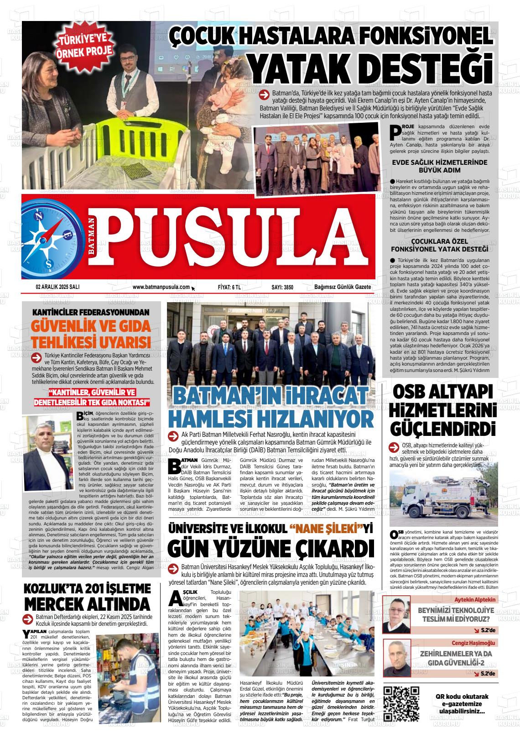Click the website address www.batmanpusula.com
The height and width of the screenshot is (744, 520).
click(161, 287)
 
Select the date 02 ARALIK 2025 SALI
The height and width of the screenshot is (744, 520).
click(57, 287)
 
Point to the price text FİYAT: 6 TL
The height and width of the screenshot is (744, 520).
click(229, 288)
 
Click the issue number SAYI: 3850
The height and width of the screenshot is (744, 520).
click(282, 288)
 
